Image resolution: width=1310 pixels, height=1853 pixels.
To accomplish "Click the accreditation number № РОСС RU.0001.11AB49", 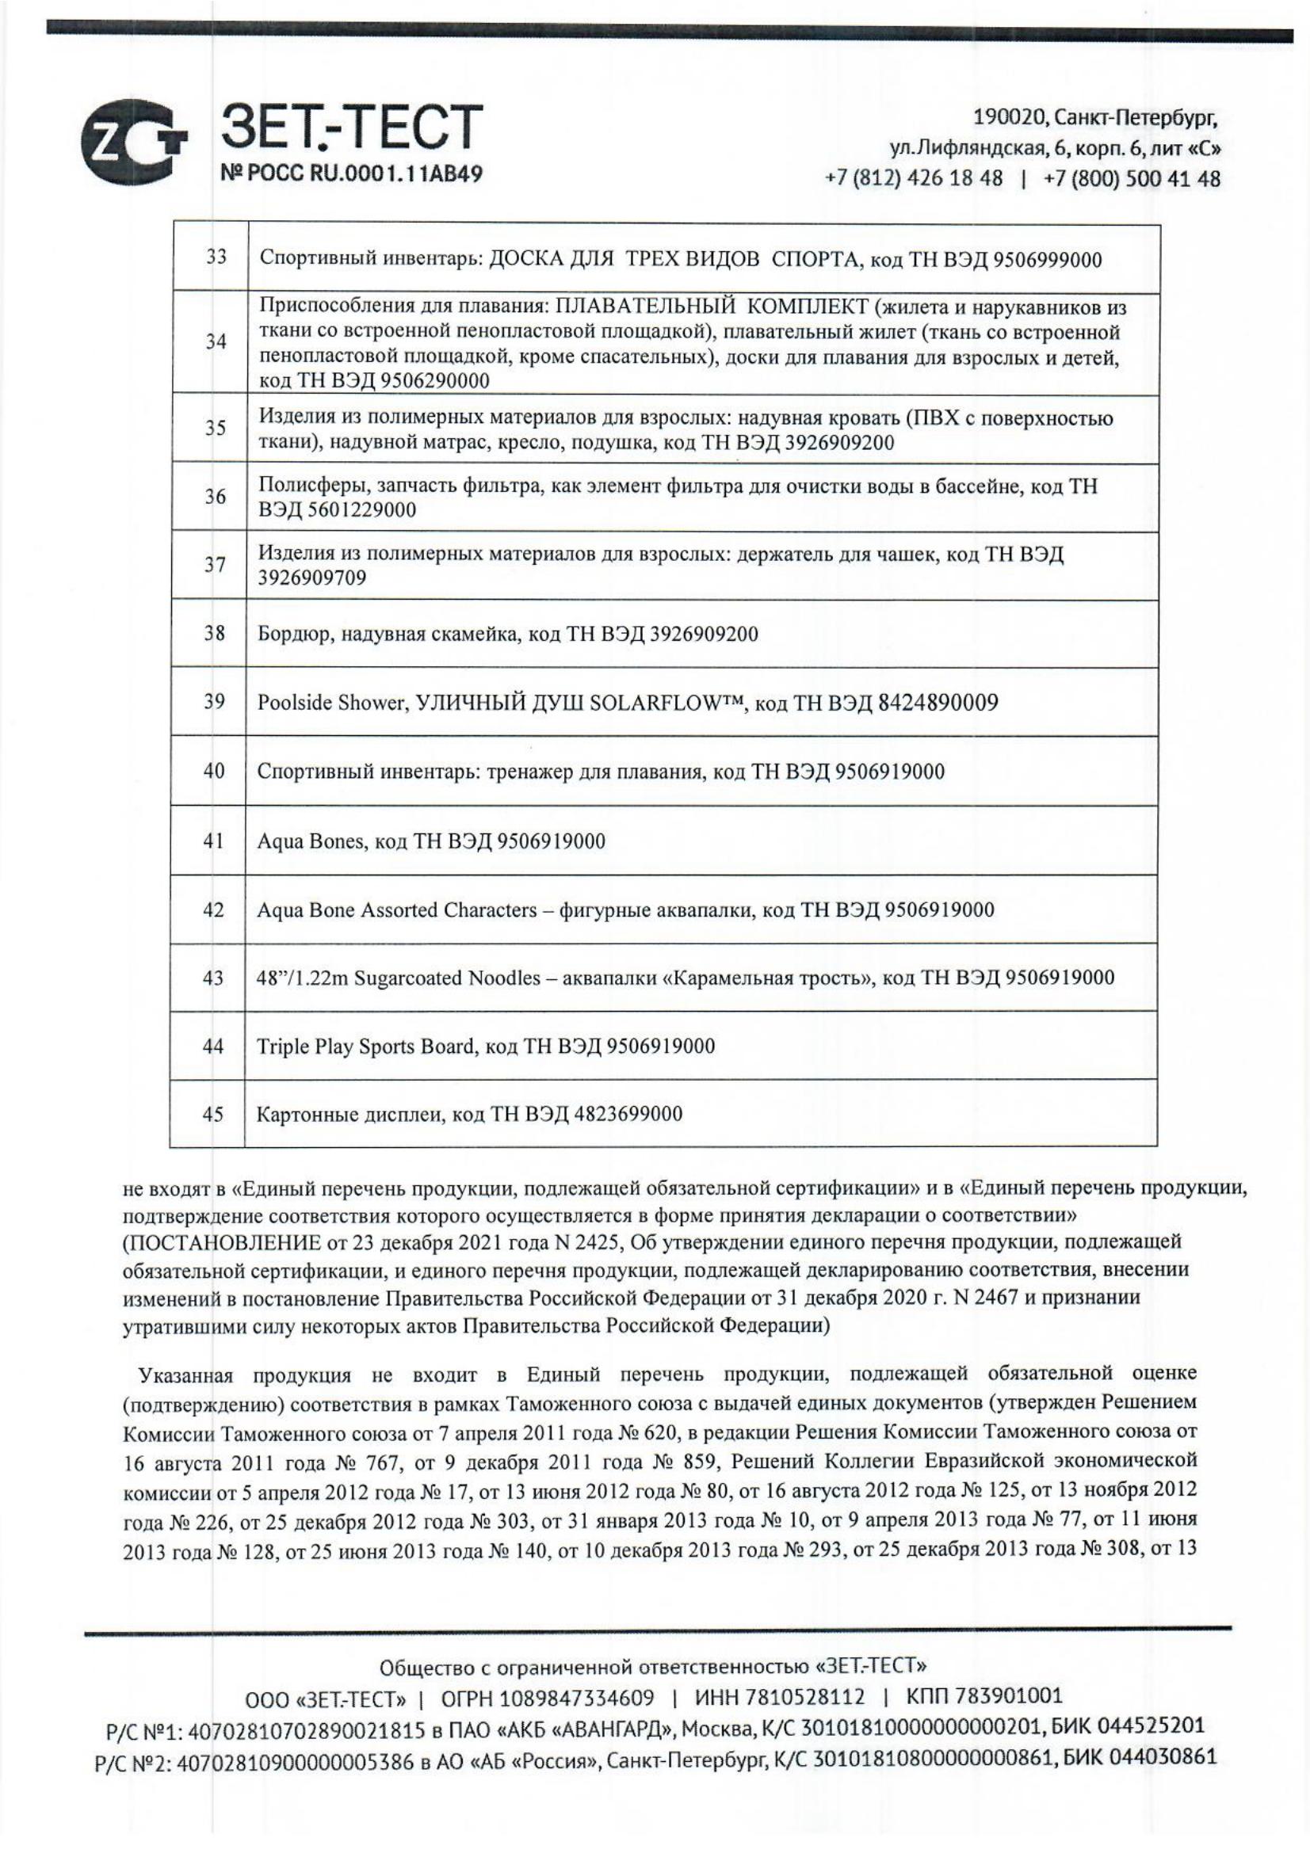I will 352,174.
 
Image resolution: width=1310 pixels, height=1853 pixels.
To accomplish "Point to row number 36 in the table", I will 215,497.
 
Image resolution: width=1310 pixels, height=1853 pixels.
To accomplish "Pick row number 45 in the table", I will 213,1115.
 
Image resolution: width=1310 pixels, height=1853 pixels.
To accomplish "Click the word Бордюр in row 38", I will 294,635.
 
